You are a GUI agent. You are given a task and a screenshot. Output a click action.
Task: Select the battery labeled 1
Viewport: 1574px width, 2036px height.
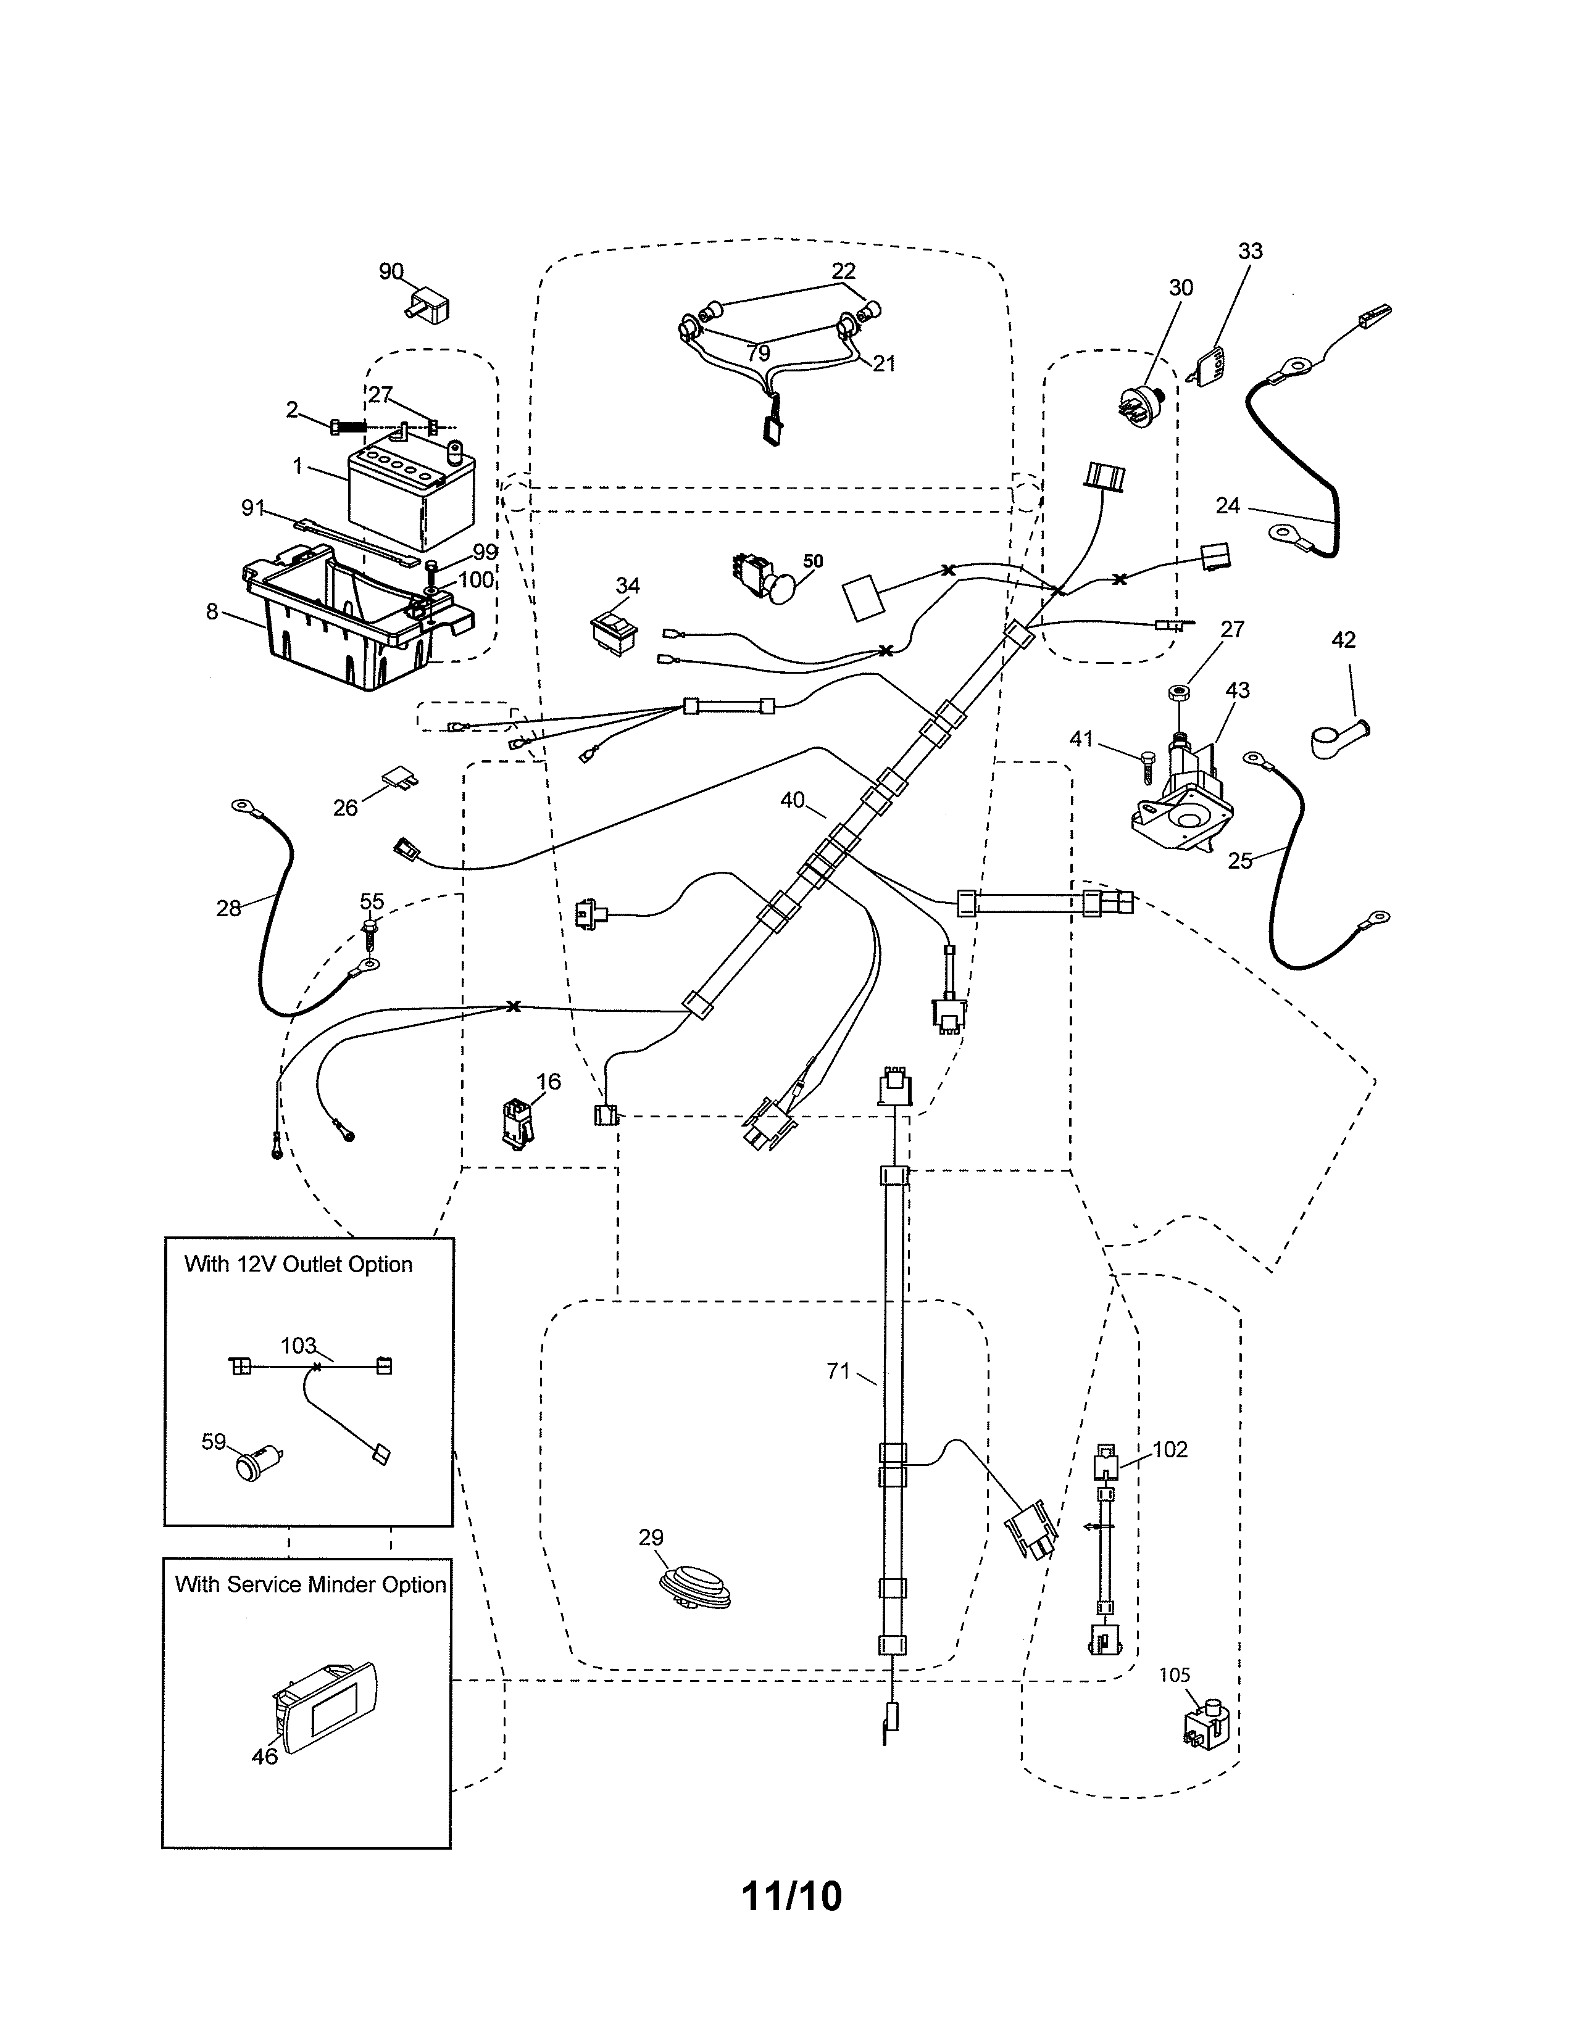pyautogui.click(x=411, y=496)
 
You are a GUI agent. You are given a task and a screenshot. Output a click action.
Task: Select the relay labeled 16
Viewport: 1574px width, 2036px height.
pyautogui.click(x=515, y=1122)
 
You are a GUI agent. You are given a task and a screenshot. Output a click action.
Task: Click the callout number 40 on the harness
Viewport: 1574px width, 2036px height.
pyautogui.click(x=792, y=800)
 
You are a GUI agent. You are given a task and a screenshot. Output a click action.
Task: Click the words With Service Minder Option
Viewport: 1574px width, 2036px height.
pyautogui.click(x=310, y=1585)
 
